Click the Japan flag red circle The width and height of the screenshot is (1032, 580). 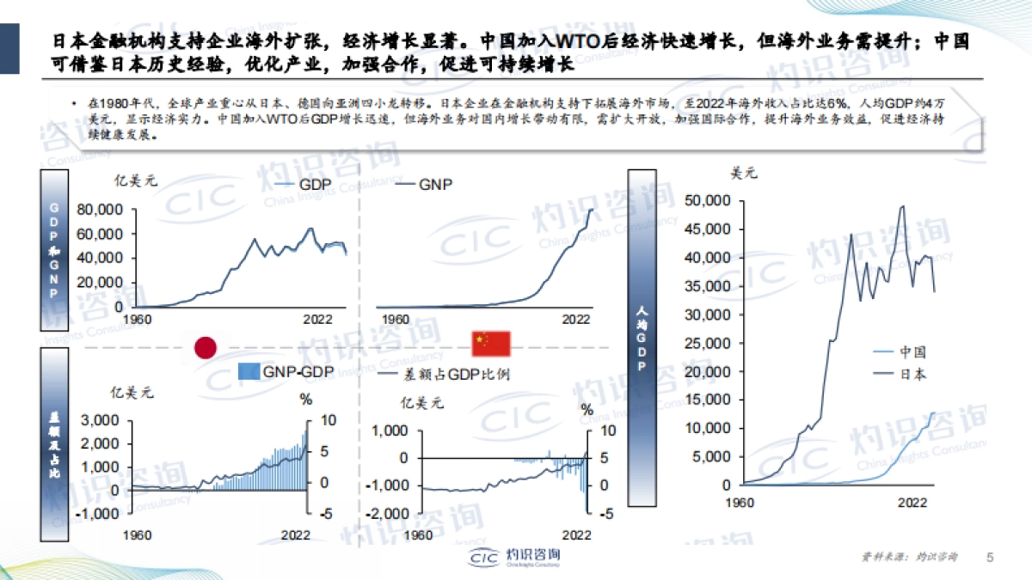(206, 346)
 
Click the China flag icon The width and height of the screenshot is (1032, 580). (490, 344)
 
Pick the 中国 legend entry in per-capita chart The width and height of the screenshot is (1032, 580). (900, 351)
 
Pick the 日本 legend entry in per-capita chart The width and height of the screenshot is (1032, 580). (900, 374)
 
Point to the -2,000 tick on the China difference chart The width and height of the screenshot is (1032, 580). (386, 513)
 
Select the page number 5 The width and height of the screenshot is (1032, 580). (989, 557)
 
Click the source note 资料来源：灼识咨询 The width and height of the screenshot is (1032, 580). (910, 557)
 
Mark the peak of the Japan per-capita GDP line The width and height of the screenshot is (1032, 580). (902, 205)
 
